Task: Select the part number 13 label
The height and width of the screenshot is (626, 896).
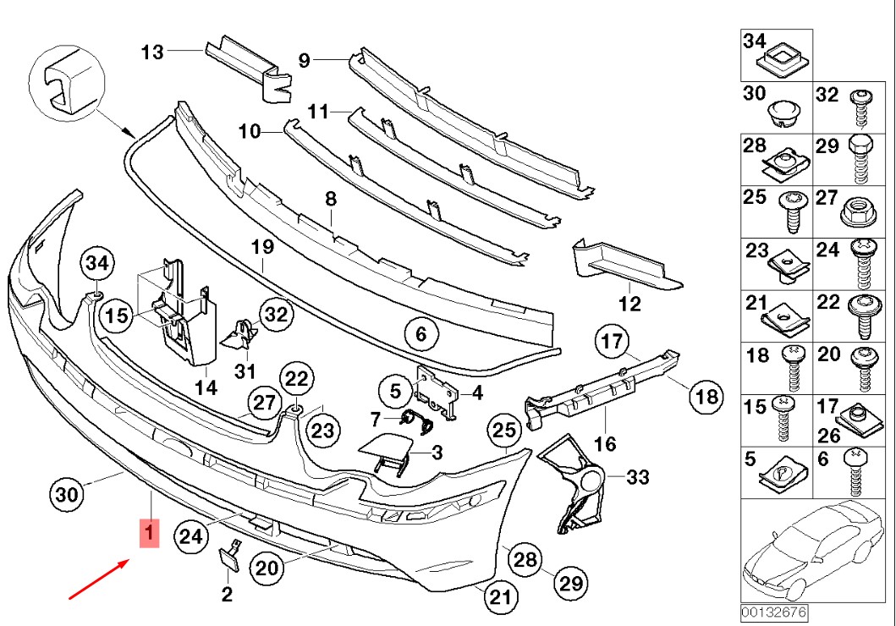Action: [x=152, y=52]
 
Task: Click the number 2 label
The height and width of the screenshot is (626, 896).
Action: [x=227, y=595]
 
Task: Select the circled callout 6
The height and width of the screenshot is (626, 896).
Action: [x=421, y=334]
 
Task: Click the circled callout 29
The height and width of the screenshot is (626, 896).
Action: [x=572, y=583]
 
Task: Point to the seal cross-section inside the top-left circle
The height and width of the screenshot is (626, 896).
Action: [x=64, y=82]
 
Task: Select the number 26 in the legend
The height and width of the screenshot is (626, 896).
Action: [x=829, y=436]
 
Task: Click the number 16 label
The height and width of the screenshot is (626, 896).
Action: [x=605, y=443]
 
